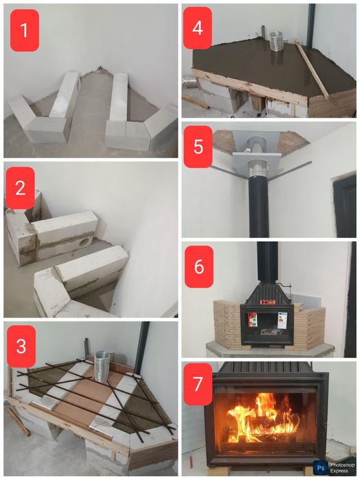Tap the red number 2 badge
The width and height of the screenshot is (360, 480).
point(21,187)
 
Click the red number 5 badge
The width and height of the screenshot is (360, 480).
point(199,146)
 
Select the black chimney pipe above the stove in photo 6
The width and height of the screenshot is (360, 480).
point(267,261)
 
